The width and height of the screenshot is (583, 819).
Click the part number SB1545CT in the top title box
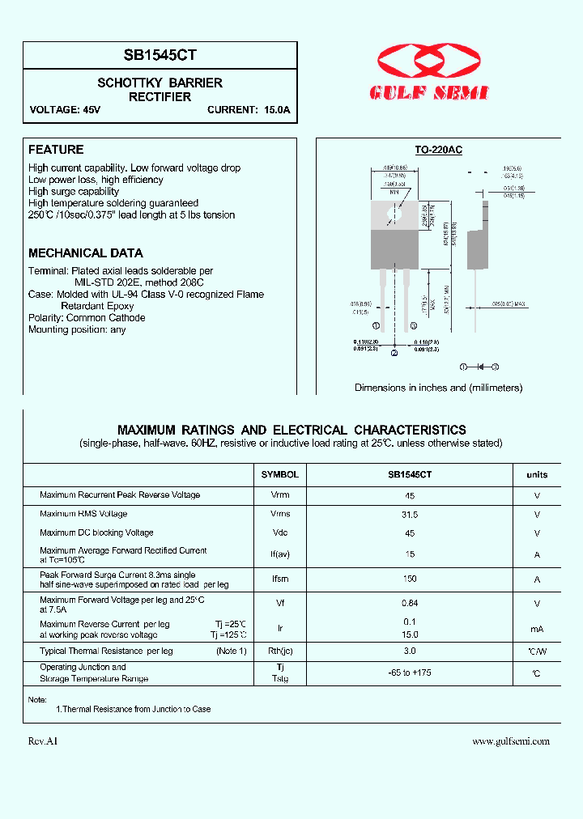click(x=160, y=55)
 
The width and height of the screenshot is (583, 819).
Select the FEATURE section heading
click(x=56, y=150)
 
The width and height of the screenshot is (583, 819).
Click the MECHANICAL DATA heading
click(x=86, y=253)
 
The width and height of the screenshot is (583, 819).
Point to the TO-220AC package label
click(x=438, y=150)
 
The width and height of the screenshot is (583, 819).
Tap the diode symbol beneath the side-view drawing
click(x=479, y=367)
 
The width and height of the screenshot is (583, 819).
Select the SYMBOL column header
click(x=280, y=475)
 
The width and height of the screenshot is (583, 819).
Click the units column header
click(x=537, y=475)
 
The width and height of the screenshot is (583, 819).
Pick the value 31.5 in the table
click(x=410, y=514)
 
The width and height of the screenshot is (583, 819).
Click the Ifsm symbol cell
click(x=280, y=579)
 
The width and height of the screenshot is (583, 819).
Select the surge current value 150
click(x=410, y=579)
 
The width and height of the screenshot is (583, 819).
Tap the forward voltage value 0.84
click(x=410, y=603)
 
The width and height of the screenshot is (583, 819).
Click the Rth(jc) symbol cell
click(x=280, y=651)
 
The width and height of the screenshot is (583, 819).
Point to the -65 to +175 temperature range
click(x=410, y=673)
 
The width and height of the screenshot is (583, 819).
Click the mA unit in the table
click(x=537, y=629)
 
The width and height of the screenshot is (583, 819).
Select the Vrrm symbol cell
click(x=280, y=494)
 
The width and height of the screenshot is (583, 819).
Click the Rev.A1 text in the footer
click(x=43, y=741)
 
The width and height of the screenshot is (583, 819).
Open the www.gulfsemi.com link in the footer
click(x=511, y=741)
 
